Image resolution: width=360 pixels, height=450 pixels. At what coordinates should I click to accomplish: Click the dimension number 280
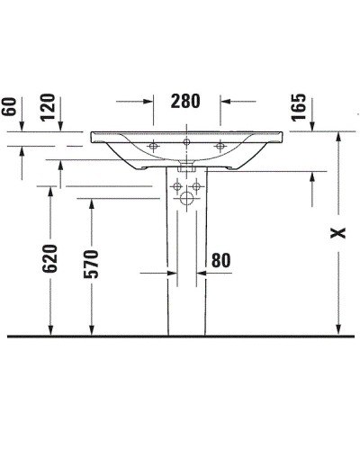[x=186, y=101]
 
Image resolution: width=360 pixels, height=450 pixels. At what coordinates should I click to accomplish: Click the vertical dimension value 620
[x=49, y=259]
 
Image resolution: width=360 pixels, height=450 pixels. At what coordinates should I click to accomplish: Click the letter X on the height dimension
[x=337, y=233]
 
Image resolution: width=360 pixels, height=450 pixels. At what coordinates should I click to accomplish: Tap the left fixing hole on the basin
[x=154, y=145]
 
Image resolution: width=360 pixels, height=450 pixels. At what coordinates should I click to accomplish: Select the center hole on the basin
[x=186, y=142]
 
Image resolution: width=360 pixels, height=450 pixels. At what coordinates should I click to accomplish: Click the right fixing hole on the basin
[x=219, y=145]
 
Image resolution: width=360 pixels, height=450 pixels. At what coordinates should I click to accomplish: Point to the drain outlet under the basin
[x=186, y=166]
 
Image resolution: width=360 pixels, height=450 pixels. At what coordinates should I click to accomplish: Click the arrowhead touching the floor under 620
[x=49, y=330]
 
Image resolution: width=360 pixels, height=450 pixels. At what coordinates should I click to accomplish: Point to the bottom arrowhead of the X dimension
[x=337, y=330]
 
